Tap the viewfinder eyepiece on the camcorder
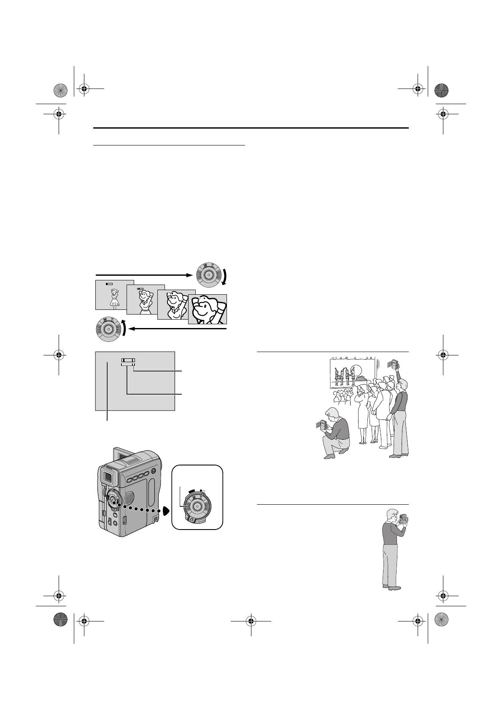pos(108,478)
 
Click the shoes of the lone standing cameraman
pos(391,586)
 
